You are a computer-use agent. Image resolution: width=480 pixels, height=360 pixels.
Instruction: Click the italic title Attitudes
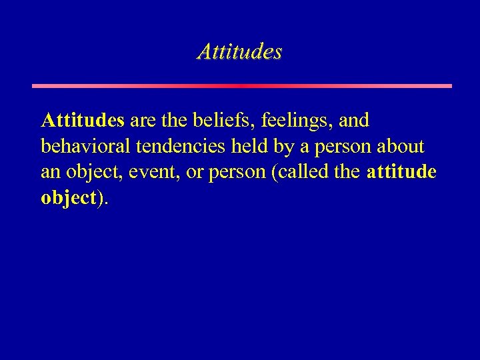239,51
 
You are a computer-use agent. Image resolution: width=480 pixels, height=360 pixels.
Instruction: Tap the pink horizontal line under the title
241,86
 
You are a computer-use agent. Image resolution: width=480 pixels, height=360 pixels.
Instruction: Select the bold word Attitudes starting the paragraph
83,121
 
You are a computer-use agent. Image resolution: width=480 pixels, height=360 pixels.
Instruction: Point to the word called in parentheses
295,172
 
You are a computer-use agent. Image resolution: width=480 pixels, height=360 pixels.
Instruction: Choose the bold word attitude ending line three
402,172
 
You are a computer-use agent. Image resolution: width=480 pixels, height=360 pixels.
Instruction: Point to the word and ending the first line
355,121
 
